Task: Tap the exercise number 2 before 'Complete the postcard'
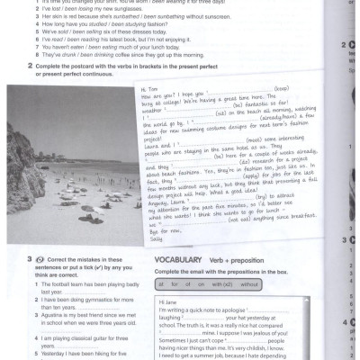32,67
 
